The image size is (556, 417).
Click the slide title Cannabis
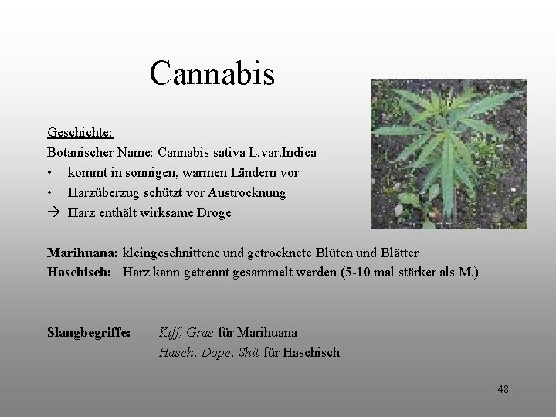click(x=212, y=74)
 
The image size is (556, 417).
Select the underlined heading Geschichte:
click(x=79, y=133)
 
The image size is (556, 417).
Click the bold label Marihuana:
click(x=83, y=253)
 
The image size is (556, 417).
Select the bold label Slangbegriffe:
click(x=89, y=333)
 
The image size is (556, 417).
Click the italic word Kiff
click(x=170, y=333)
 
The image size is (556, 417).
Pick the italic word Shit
click(x=249, y=353)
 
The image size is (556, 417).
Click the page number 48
click(x=503, y=389)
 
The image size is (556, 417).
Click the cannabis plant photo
click(x=449, y=154)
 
